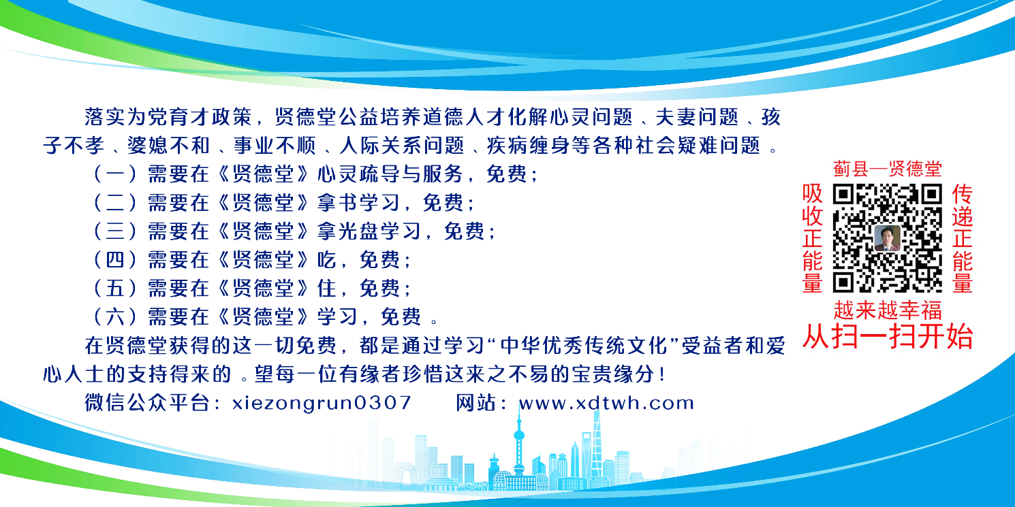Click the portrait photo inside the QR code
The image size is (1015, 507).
pyautogui.click(x=887, y=238)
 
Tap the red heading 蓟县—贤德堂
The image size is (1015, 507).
pyautogui.click(x=887, y=169)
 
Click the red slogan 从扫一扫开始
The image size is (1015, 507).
pyautogui.click(x=887, y=337)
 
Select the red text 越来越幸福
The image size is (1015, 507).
pyautogui.click(x=887, y=310)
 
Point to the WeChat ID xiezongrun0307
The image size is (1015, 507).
pyautogui.click(x=322, y=403)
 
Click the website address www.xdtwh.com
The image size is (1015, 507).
pyautogui.click(x=606, y=402)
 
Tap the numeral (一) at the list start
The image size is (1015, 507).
pyautogui.click(x=115, y=174)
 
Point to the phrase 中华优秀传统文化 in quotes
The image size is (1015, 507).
pyautogui.click(x=584, y=346)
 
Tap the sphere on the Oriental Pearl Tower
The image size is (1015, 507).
pyautogui.click(x=519, y=436)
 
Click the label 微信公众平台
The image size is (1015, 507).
pyautogui.click(x=147, y=402)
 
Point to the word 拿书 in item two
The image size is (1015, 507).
pyautogui.click(x=338, y=203)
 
